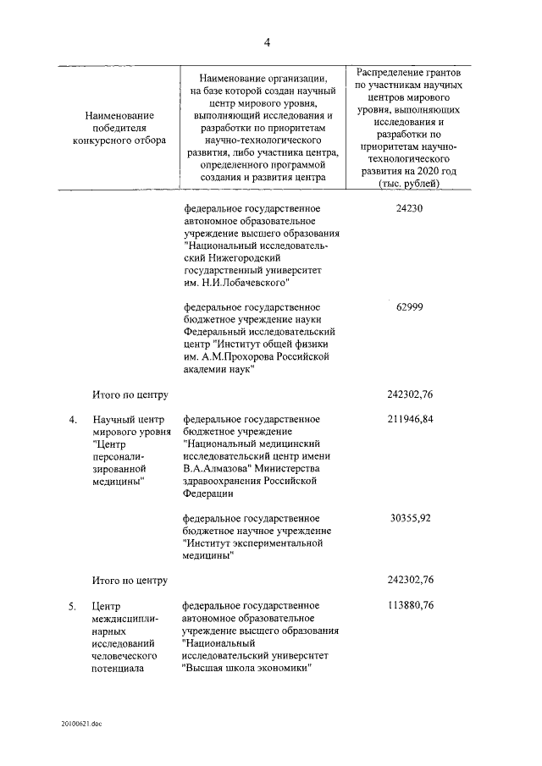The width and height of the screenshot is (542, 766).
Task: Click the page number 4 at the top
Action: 267,41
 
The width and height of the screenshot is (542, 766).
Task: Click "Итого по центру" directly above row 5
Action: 130,580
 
